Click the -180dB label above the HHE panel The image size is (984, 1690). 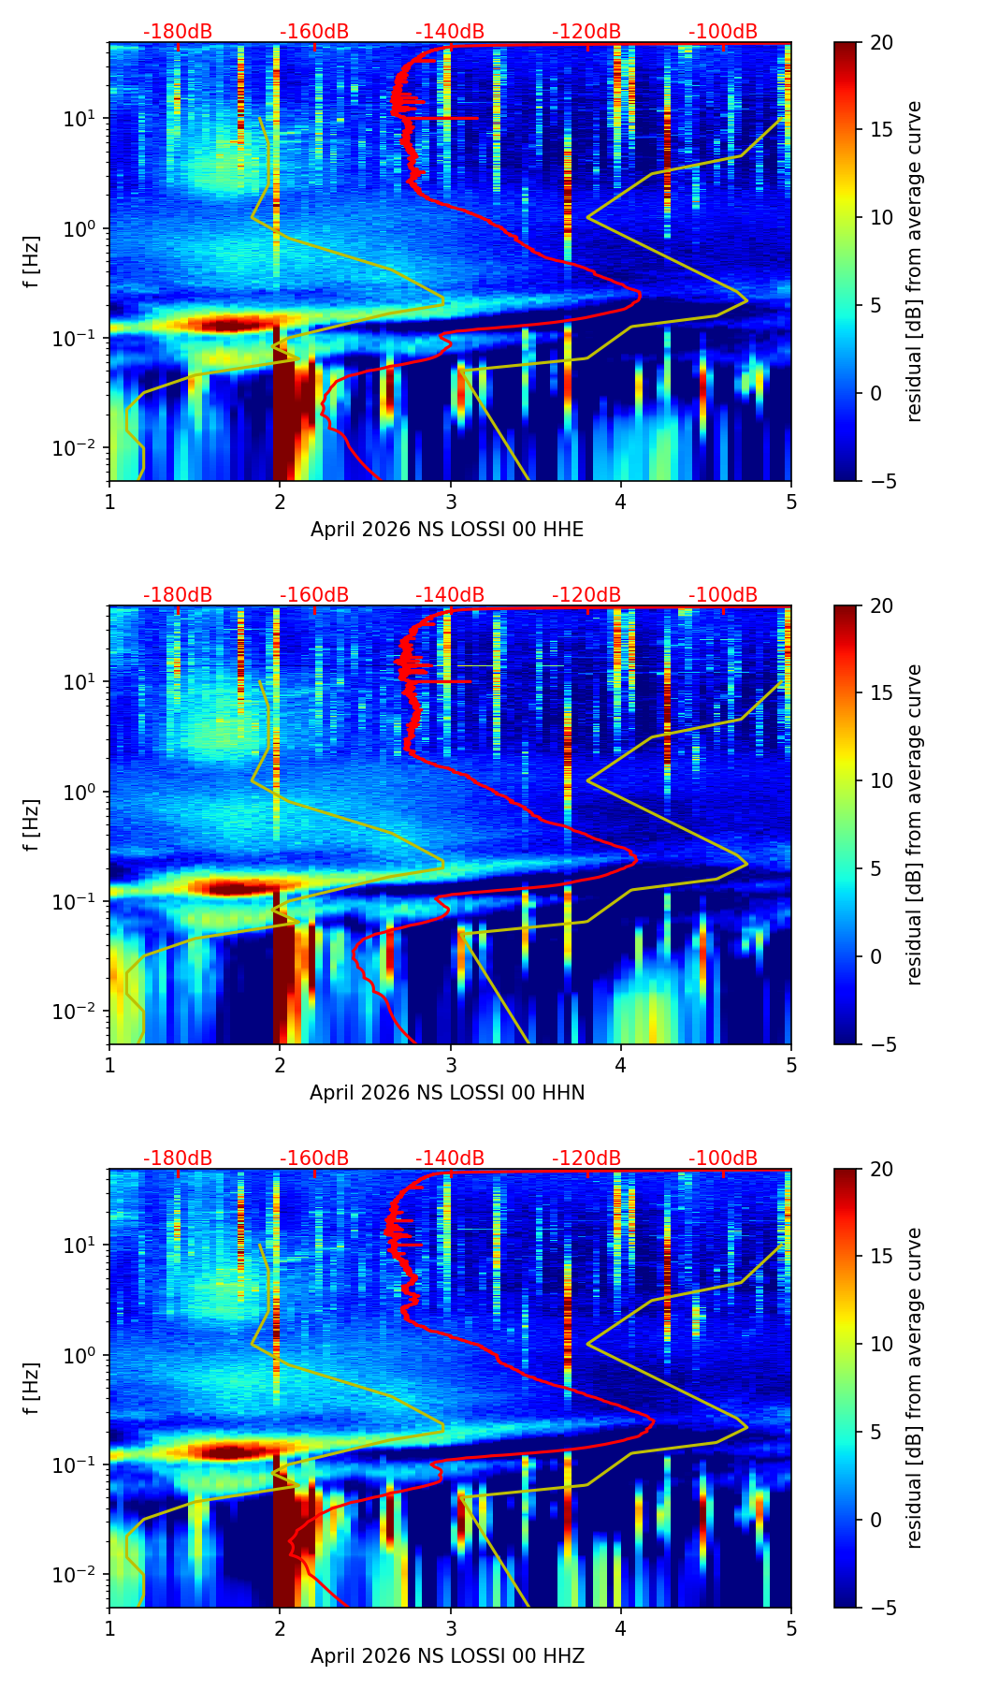click(178, 32)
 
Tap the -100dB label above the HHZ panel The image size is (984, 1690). click(723, 1158)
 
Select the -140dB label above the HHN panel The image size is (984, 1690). click(450, 595)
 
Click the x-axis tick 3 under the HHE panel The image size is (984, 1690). click(450, 501)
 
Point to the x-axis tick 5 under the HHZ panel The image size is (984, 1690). click(790, 1627)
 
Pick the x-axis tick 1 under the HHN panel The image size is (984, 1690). click(109, 1064)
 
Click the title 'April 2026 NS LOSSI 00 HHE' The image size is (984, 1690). click(447, 530)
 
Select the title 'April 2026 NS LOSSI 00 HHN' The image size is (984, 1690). click(447, 1093)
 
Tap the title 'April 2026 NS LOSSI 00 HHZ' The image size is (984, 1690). click(447, 1656)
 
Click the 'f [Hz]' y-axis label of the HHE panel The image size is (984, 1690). click(32, 262)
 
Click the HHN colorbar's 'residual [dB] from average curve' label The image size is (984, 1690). click(915, 825)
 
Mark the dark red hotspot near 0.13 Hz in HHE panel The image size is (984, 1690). click(224, 325)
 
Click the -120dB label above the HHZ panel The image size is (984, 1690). click(586, 1158)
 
